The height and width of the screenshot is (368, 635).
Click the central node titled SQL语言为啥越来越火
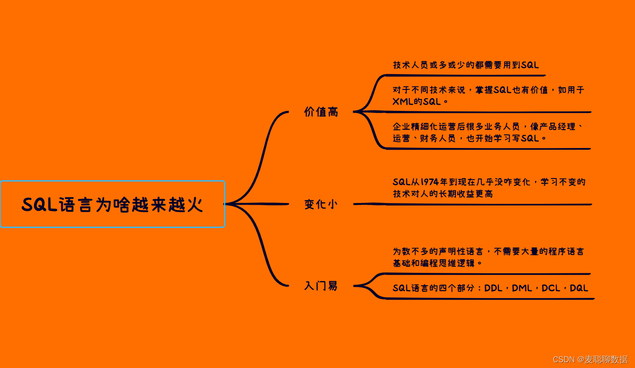(x=113, y=204)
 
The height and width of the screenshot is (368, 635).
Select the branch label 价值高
(x=321, y=112)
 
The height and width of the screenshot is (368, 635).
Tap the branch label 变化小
(x=321, y=204)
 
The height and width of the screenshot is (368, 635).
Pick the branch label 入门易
(x=321, y=286)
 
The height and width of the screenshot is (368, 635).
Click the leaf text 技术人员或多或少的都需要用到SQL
(x=466, y=65)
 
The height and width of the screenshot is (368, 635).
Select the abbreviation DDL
(x=493, y=288)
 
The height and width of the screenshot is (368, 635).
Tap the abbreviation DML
(x=522, y=288)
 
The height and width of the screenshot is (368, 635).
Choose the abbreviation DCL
(x=551, y=288)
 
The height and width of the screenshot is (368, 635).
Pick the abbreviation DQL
(x=579, y=288)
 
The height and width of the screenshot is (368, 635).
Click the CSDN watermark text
(x=590, y=359)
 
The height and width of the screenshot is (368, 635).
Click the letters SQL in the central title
(x=40, y=205)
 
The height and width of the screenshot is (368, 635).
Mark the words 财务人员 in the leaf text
(x=438, y=138)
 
